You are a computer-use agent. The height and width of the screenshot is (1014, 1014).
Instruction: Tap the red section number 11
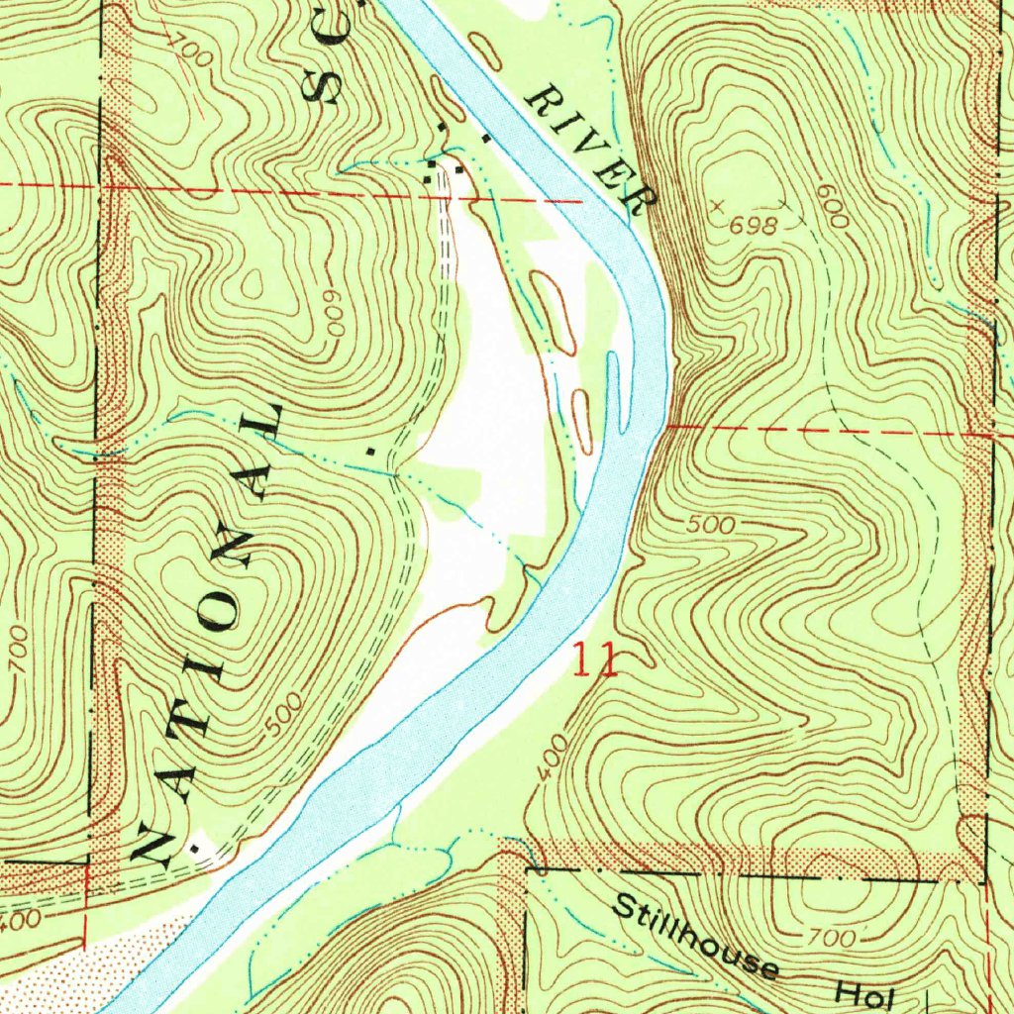click(595, 659)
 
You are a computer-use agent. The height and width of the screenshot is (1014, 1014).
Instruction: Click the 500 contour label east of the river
click(710, 525)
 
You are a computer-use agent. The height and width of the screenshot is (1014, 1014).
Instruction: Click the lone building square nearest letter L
click(370, 451)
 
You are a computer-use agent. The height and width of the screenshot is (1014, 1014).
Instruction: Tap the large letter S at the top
click(323, 87)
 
